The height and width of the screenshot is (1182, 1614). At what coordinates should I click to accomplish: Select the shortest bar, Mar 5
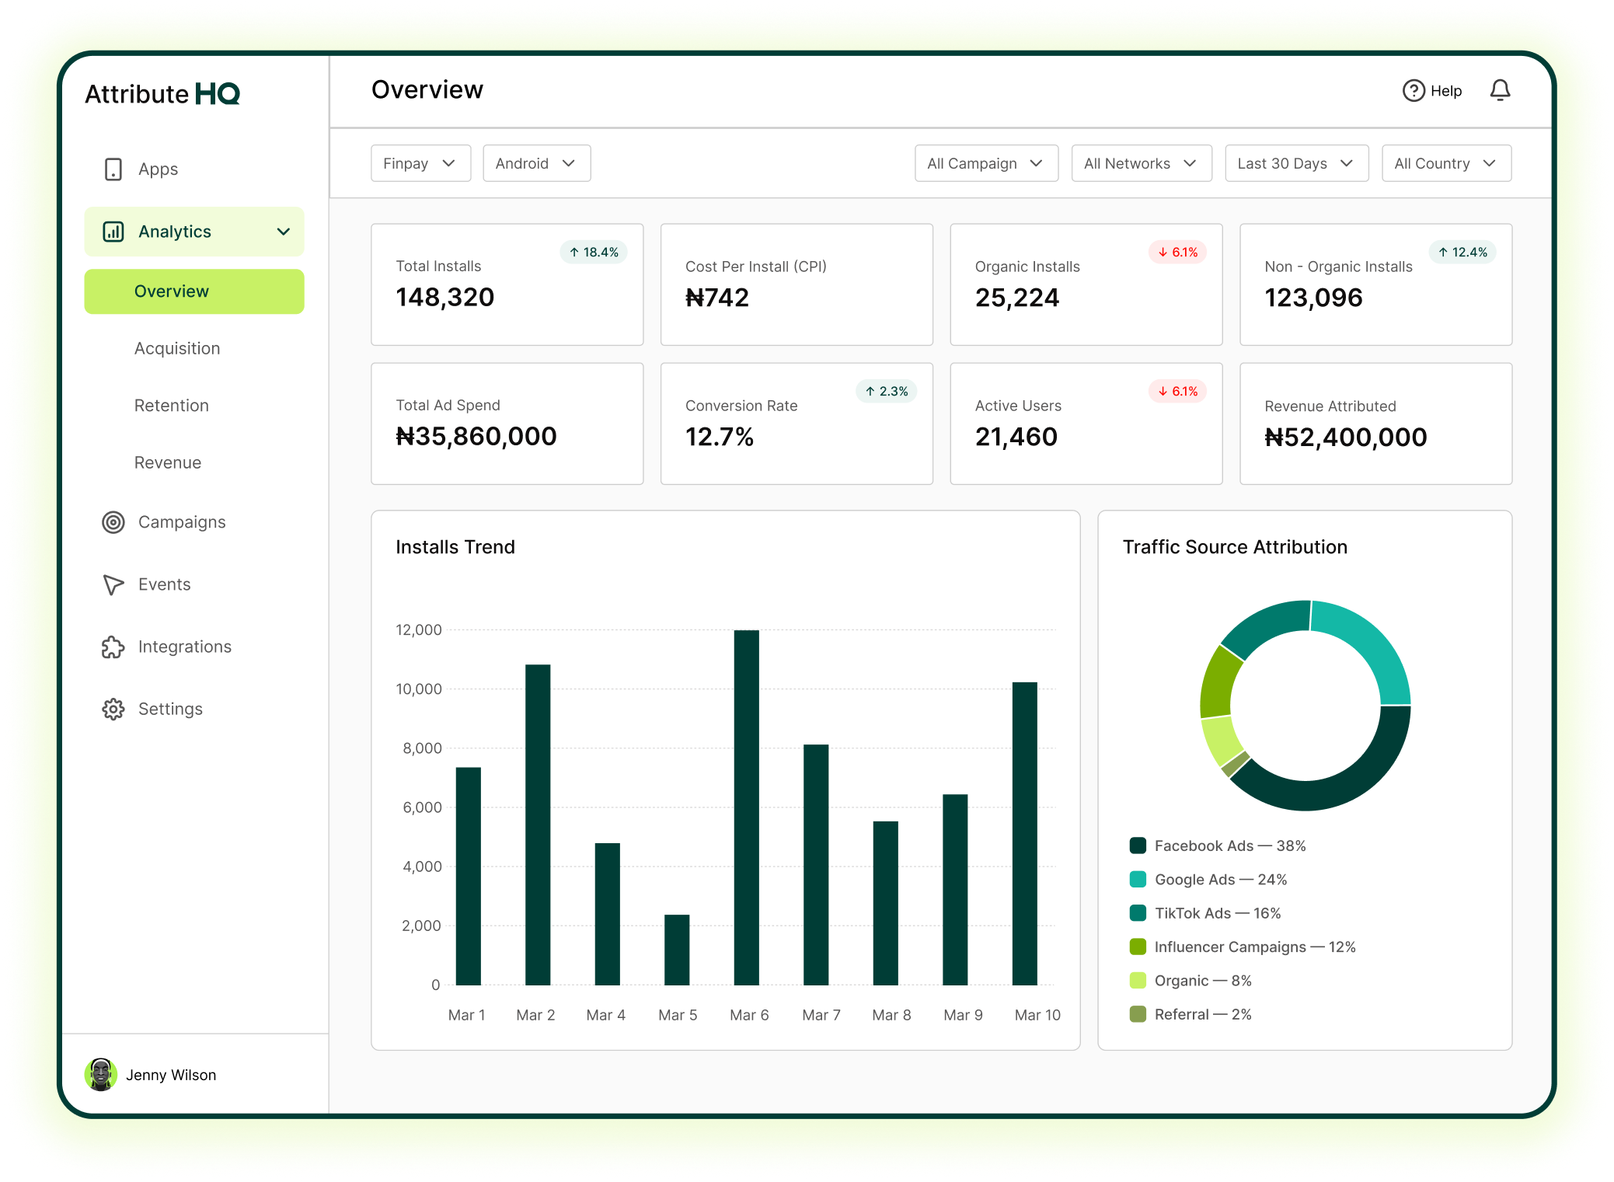coord(677,949)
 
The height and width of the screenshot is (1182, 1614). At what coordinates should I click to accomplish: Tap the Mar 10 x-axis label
coord(1037,1015)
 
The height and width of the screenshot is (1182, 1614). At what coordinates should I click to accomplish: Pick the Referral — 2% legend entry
coord(1202,1014)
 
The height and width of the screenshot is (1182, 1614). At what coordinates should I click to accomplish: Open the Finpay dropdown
coord(420,163)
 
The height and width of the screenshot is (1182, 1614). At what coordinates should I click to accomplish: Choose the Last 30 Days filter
coord(1295,163)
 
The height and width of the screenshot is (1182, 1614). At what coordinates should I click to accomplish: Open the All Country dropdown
coord(1445,163)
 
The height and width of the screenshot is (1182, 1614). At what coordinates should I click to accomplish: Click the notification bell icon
coord(1499,91)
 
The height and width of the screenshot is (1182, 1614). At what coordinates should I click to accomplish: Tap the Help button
coord(1432,91)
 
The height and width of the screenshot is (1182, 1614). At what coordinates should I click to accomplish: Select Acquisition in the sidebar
coord(177,348)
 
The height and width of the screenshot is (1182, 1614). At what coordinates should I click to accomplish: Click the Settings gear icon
coord(113,709)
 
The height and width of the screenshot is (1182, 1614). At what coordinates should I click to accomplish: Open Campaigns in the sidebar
coord(182,522)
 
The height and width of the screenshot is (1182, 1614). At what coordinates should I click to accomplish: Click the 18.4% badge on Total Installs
coord(594,252)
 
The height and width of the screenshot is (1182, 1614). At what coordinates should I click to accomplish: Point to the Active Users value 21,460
coord(1016,437)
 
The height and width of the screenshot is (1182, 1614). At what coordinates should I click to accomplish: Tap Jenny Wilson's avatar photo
coord(101,1075)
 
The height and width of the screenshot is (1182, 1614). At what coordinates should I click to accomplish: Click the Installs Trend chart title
coord(455,547)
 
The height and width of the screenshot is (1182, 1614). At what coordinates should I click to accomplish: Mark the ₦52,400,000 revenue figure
coord(1345,438)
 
